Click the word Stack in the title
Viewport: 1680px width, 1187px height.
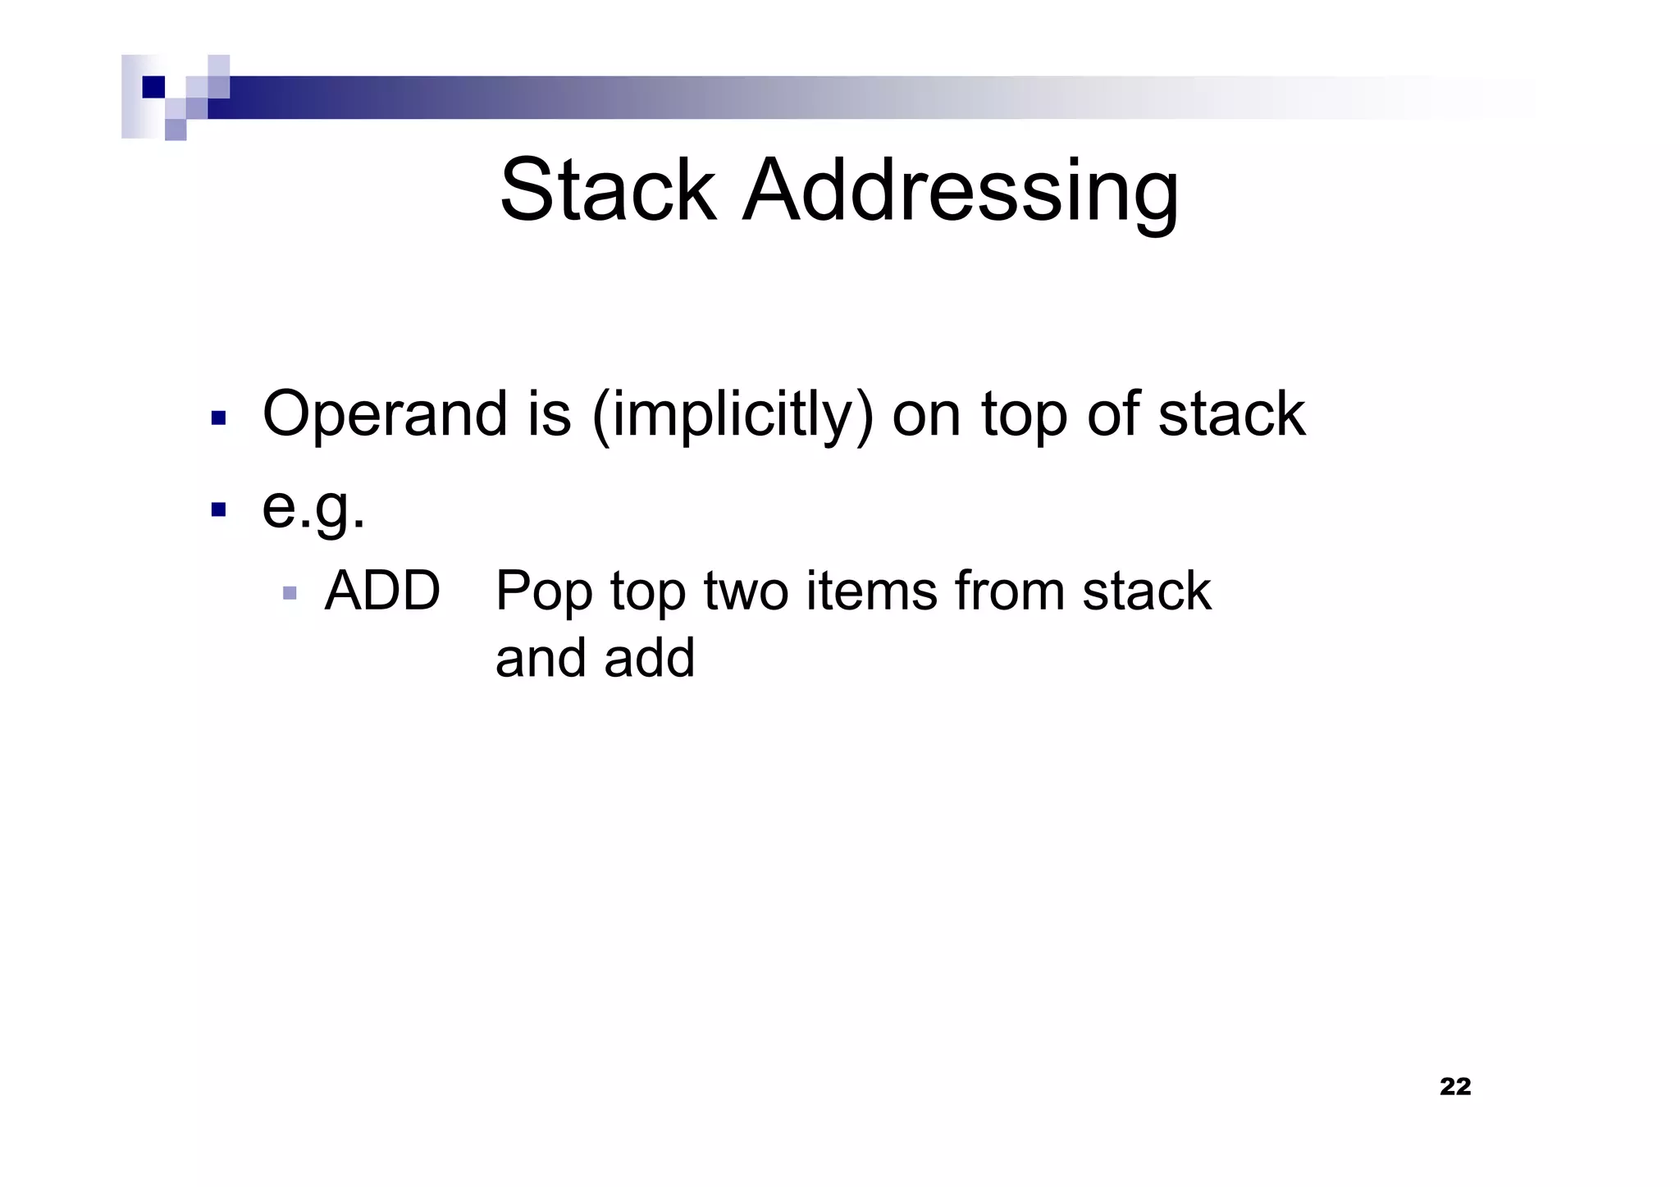[x=608, y=190]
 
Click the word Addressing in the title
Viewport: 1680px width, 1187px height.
[x=961, y=190]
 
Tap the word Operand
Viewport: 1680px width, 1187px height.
[x=383, y=413]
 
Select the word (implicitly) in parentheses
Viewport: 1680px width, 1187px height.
[x=732, y=415]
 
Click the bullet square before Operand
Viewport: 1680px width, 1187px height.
[x=218, y=418]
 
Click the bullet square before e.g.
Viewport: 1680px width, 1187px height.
[x=218, y=510]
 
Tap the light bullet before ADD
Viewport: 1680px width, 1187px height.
[x=289, y=592]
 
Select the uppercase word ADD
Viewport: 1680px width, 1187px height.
[x=382, y=591]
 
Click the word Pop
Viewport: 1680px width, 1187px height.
[x=543, y=592]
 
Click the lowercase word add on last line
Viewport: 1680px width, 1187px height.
[x=650, y=658]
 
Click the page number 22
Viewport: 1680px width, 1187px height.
[x=1455, y=1086]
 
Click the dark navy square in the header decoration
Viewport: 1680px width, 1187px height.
[x=153, y=87]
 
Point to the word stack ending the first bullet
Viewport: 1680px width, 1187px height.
[x=1230, y=413]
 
